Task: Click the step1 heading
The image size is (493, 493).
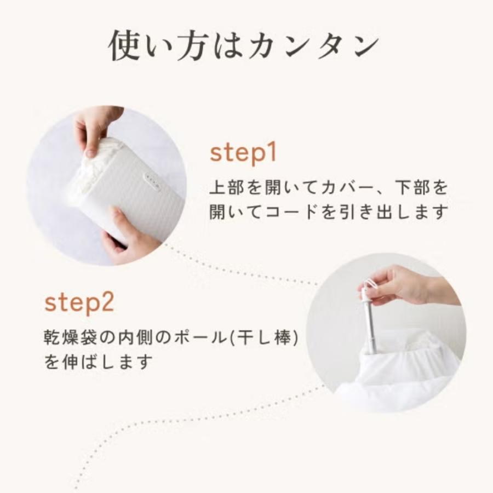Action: tap(243, 153)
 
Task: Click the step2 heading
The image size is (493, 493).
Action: tap(79, 302)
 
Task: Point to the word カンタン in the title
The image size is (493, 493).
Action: tap(313, 46)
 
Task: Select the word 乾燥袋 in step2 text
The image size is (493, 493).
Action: tap(71, 337)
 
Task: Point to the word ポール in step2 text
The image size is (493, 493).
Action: tap(200, 337)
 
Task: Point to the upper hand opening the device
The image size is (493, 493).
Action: tap(94, 129)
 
